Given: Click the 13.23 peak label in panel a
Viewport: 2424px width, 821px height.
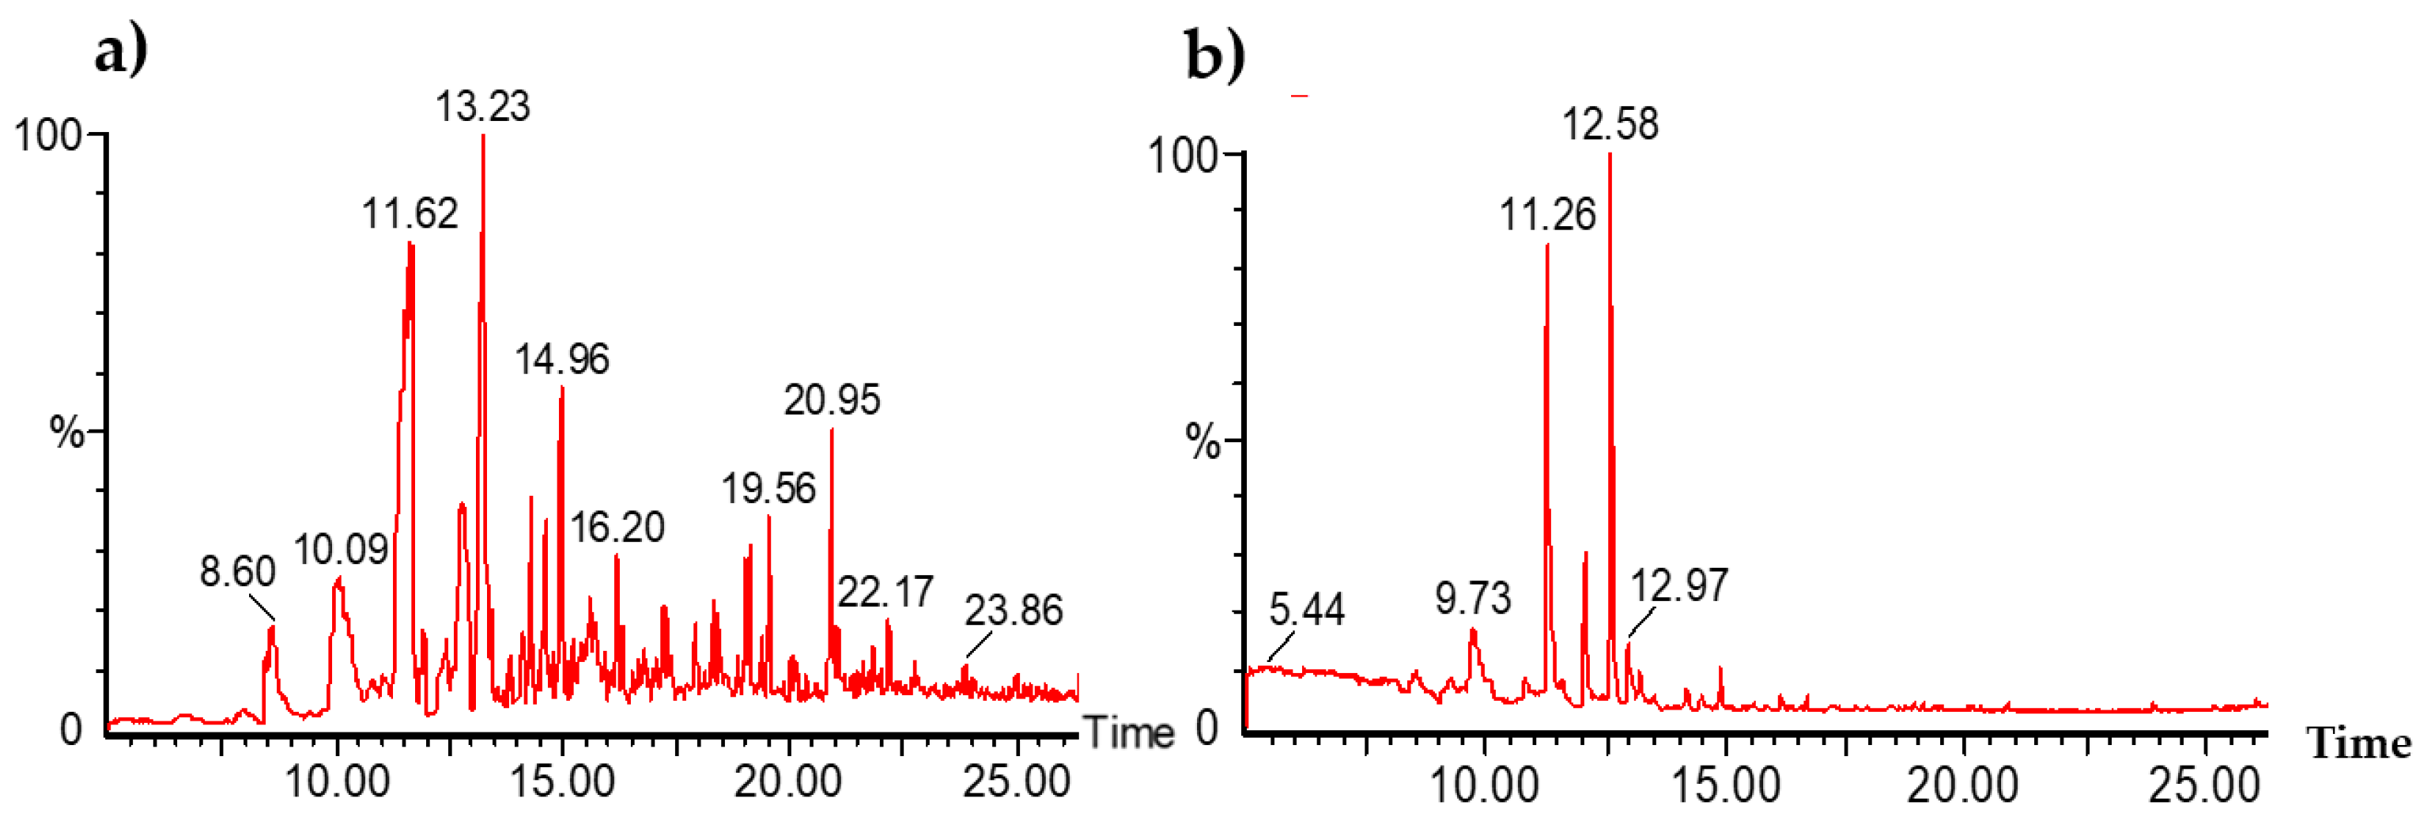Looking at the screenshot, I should click(x=483, y=107).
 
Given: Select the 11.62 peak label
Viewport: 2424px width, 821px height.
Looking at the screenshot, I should click(x=410, y=214).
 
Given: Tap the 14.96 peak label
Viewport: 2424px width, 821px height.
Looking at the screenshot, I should click(x=562, y=359).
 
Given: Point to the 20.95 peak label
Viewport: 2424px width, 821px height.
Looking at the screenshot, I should click(x=832, y=400).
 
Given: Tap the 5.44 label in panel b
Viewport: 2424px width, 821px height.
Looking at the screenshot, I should click(x=1307, y=610).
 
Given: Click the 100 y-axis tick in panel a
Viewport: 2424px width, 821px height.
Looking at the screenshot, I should click(x=47, y=134).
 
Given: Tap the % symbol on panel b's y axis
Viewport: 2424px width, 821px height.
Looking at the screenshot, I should click(x=1203, y=441).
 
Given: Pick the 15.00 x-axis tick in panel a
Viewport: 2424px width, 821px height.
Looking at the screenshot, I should click(x=562, y=781).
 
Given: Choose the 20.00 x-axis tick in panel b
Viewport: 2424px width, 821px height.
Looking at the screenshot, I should click(x=1963, y=785).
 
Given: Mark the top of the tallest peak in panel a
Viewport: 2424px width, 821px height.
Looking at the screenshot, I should click(x=484, y=137).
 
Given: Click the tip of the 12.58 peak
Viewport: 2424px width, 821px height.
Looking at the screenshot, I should click(x=1610, y=154).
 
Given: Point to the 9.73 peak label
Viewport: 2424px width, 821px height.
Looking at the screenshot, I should click(x=1473, y=598).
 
